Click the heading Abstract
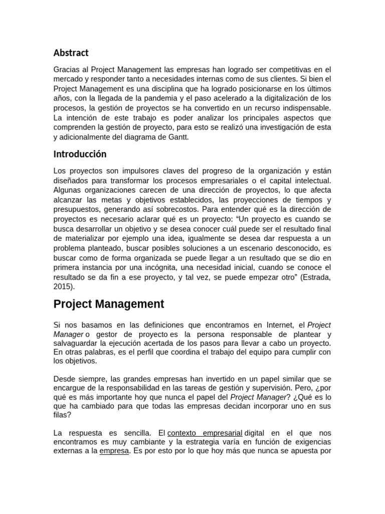(x=71, y=53)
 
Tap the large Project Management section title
(x=109, y=304)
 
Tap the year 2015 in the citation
(x=62, y=287)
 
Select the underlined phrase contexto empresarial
(x=205, y=433)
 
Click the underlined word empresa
(x=114, y=451)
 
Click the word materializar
(x=84, y=238)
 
